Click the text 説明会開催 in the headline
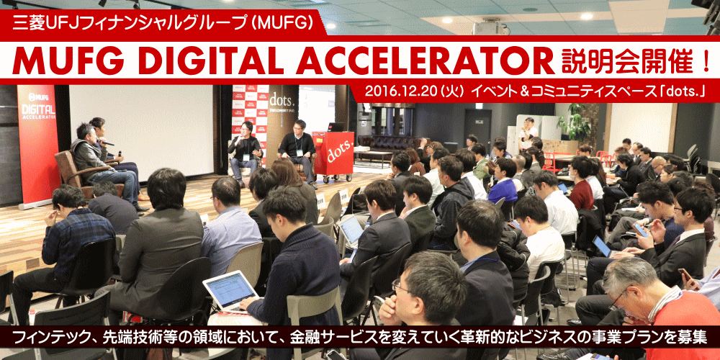627,60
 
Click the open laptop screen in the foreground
230,289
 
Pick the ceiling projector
490,27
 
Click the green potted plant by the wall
574,121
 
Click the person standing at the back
527,133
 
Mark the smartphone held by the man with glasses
639,230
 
